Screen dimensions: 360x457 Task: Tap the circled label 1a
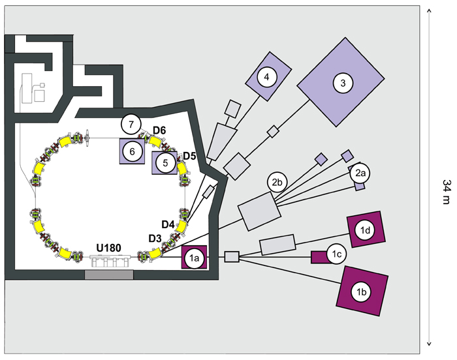tap(195, 258)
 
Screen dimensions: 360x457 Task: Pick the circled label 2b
tap(276, 182)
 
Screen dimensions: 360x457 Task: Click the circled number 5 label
tap(166, 163)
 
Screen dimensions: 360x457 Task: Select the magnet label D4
tap(168, 224)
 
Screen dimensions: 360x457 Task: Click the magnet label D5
tap(189, 156)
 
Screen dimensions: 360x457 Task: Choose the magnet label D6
tap(159, 131)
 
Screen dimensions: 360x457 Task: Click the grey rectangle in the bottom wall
tap(109, 275)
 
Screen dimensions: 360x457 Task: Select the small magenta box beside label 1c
tap(319, 257)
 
